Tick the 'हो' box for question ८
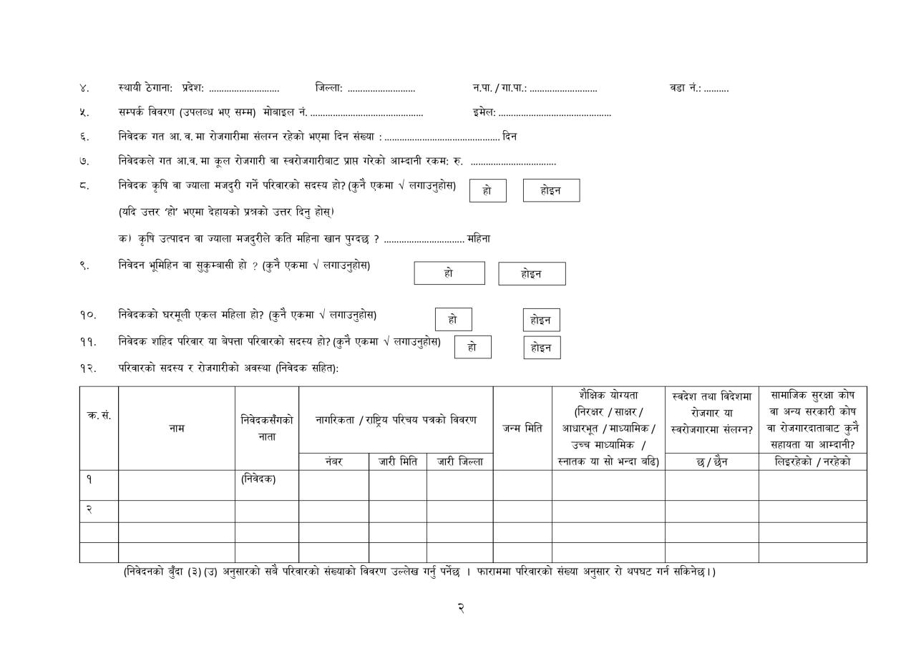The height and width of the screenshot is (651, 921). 487,190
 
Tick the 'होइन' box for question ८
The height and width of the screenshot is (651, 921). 551,190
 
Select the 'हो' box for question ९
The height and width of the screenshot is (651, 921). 449,273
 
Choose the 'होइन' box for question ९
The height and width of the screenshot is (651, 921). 532,274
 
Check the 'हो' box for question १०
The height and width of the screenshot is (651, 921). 453,319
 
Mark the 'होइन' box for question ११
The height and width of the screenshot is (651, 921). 541,348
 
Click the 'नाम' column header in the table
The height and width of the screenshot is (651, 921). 177,428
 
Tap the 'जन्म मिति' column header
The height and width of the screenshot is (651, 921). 522,428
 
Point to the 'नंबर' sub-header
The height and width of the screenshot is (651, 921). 333,461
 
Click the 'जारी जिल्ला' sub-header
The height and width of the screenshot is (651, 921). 459,461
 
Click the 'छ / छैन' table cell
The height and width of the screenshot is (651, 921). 711,461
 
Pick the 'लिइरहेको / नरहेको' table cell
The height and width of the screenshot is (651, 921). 812,461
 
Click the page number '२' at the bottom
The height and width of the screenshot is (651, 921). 461,608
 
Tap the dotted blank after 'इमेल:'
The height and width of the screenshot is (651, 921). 555,113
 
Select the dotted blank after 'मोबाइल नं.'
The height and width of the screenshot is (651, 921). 366,113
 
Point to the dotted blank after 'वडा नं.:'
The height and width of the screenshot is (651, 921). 716,89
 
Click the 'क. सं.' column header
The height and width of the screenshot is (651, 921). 99,416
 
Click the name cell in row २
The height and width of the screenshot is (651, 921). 177,511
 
